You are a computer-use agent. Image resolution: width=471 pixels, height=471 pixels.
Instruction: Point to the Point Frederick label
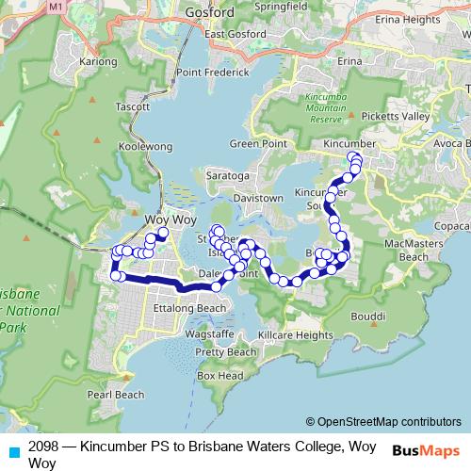(212, 73)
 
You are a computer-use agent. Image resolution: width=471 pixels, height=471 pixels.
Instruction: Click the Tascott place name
(133, 106)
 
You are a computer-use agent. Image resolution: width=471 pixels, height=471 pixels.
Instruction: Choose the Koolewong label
(145, 146)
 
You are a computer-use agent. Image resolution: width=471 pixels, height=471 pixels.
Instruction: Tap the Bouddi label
(370, 316)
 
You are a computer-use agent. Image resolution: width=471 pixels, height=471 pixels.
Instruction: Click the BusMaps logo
(428, 449)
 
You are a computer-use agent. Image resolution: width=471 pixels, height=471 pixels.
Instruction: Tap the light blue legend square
(12, 450)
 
